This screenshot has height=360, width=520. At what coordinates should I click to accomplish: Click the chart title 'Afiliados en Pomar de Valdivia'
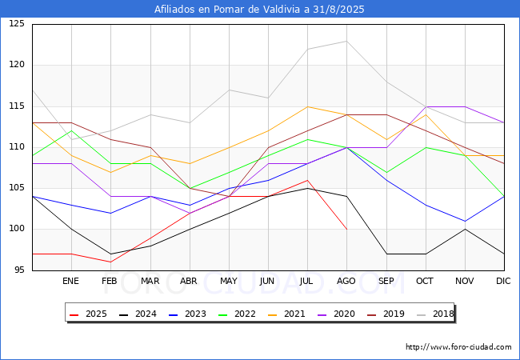tap(259, 10)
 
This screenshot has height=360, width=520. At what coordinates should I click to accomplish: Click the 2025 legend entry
tap(89, 314)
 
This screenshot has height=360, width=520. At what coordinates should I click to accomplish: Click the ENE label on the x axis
tap(71, 281)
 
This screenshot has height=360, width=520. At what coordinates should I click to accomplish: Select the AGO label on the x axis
tap(346, 281)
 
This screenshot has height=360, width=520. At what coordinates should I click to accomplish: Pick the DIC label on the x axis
tap(503, 281)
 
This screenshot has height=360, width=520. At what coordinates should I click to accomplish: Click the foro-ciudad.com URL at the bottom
tap(458, 347)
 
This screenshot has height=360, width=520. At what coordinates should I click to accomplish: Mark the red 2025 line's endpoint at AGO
tap(346, 230)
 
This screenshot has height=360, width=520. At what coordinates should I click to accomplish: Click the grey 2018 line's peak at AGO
tap(346, 41)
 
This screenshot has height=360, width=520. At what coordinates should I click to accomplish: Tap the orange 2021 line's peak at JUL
tap(307, 106)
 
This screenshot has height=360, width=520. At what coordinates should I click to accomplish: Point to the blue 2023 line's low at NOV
tap(465, 221)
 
